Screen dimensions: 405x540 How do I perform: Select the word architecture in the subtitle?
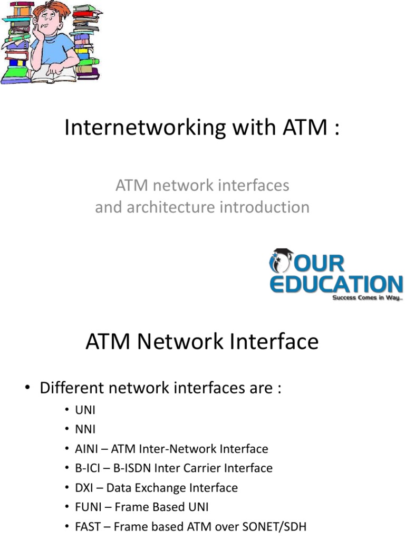click(x=170, y=207)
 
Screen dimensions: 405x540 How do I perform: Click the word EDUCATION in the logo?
click(x=336, y=284)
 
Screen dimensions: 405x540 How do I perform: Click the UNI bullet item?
click(x=85, y=410)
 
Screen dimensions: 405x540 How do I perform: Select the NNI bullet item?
click(x=85, y=429)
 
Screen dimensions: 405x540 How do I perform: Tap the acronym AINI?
click(x=86, y=449)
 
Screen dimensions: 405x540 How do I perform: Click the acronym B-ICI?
click(x=88, y=468)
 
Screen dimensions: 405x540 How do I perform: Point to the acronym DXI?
click(x=84, y=488)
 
